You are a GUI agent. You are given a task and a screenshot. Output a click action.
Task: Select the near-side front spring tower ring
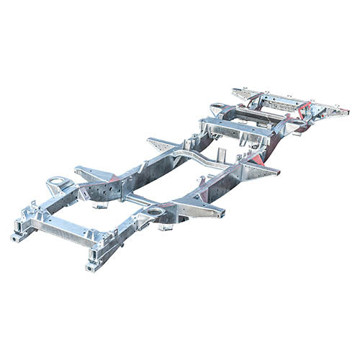coord(154,212)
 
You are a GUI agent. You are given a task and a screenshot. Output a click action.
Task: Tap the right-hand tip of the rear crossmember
coord(344,112)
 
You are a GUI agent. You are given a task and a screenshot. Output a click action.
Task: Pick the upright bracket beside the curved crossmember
coord(222,154)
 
